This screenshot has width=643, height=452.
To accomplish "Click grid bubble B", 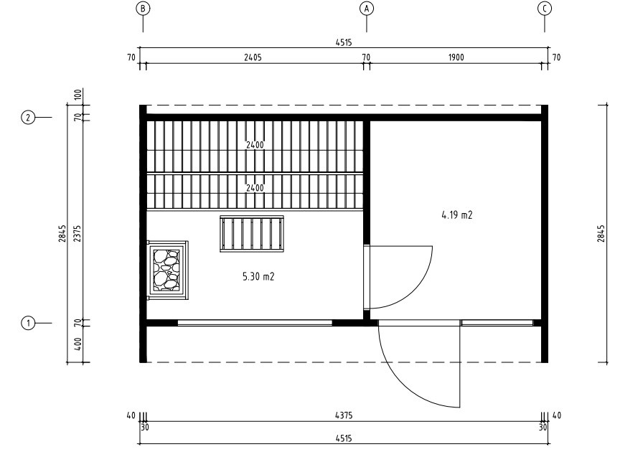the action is click(143, 8).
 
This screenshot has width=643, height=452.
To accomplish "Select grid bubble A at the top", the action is click(366, 8).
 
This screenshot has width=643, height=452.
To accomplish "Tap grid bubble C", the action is click(544, 8).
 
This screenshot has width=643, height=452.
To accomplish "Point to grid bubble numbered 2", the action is click(28, 118).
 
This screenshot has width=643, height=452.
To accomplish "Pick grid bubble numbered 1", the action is click(28, 323).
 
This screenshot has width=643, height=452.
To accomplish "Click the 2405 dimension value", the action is click(253, 57).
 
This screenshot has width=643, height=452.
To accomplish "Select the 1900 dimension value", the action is click(456, 57).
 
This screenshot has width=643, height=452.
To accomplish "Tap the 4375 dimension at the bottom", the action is click(344, 415).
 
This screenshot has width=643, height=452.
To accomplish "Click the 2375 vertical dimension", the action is click(78, 233).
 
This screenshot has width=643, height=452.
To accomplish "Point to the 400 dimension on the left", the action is click(79, 344).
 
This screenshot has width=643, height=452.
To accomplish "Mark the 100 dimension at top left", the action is click(79, 95).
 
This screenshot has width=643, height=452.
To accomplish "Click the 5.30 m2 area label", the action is click(258, 277).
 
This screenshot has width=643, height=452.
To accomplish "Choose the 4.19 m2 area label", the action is click(457, 215).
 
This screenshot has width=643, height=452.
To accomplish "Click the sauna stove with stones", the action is click(167, 270).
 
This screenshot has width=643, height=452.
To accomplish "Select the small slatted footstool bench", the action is click(252, 234).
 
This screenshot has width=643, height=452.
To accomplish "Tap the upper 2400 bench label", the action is click(255, 145).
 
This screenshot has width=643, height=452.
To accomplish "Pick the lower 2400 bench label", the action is click(255, 188).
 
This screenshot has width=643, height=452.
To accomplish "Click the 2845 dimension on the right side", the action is click(601, 233).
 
